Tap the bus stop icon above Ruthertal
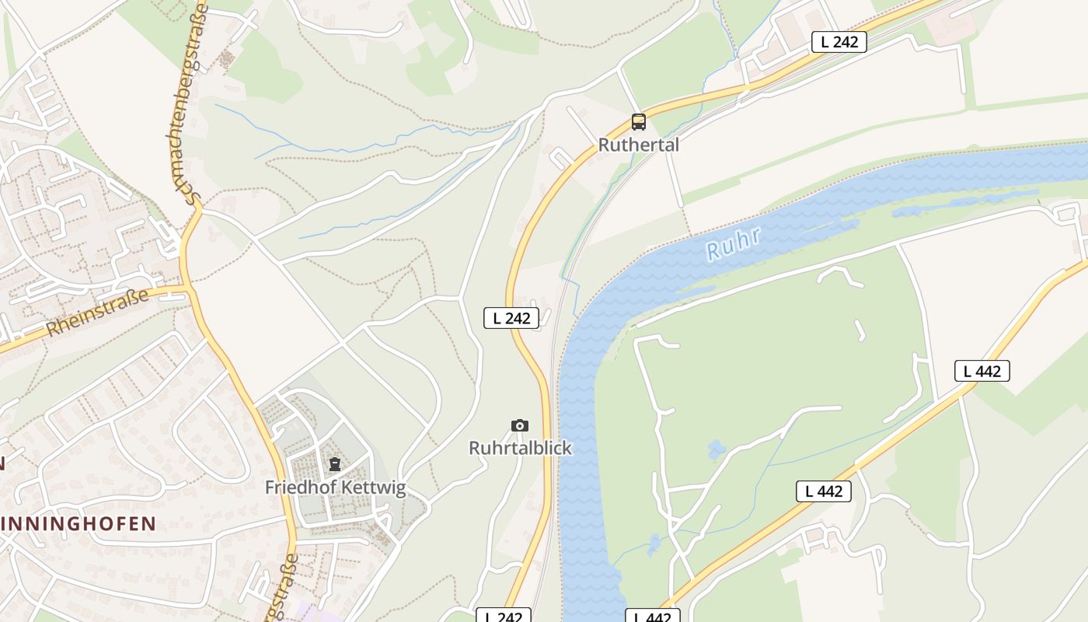coord(638,122)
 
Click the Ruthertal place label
coord(638,145)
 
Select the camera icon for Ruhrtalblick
coord(520,425)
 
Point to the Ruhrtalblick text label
coord(520,448)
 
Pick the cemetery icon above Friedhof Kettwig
coord(334,465)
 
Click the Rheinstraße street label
coord(97,313)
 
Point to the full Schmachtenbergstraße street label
coord(187,105)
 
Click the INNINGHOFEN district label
coord(78,523)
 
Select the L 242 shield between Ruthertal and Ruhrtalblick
coord(511,317)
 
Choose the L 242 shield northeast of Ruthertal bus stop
coord(839,42)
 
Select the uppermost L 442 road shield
coord(982,371)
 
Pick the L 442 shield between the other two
coord(824,491)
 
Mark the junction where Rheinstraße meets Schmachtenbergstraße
coord(189,288)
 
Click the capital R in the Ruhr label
coord(714,252)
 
